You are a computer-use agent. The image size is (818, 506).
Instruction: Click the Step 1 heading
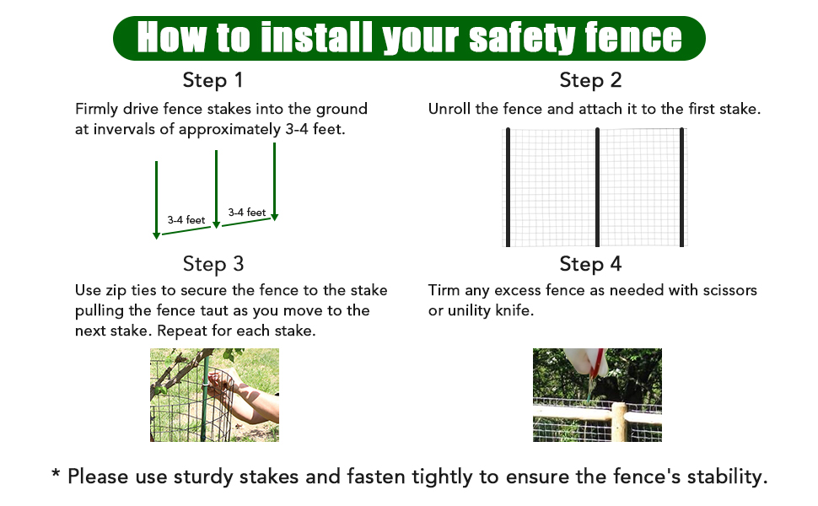213,80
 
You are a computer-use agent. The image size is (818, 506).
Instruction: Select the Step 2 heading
590,80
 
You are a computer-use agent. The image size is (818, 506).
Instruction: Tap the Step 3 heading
213,264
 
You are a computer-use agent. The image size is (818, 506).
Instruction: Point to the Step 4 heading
590,264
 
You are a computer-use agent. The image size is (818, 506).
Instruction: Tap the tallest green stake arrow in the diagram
274,181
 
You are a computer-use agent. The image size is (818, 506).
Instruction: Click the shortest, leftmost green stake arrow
157,200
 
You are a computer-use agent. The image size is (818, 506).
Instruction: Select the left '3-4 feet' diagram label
186,220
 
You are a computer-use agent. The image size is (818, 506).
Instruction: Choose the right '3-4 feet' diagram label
247,213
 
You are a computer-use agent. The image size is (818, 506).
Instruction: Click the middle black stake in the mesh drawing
597,187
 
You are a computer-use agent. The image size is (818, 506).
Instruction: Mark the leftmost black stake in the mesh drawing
509,187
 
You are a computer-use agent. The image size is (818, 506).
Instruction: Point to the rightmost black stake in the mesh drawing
682,187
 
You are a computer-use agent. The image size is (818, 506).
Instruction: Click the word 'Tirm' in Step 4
444,290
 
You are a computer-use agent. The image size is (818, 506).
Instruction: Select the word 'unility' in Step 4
469,311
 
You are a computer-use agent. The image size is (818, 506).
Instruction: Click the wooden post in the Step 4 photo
619,422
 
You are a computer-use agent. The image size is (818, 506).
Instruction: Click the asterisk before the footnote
56,474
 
